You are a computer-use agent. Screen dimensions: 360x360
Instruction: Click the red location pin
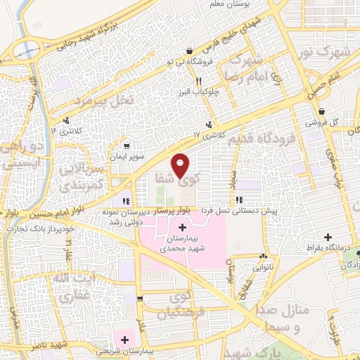(181, 165)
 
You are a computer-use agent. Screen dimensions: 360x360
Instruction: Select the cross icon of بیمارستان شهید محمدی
(184, 227)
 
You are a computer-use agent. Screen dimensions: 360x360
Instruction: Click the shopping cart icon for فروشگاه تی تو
(191, 51)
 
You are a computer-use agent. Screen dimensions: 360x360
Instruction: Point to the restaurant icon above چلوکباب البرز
(199, 81)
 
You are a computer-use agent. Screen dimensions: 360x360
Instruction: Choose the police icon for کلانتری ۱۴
(66, 120)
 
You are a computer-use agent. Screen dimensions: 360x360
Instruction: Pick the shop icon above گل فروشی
(321, 111)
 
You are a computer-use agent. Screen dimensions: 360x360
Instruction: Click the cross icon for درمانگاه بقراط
(327, 237)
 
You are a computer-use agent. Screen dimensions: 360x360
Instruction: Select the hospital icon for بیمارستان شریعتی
(124, 340)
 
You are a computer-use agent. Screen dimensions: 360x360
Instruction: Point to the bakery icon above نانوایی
(263, 257)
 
